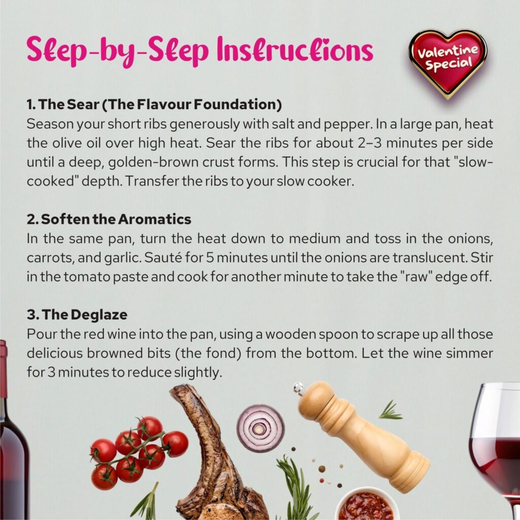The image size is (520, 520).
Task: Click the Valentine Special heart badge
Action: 447,63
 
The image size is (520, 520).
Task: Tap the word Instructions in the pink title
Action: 295,50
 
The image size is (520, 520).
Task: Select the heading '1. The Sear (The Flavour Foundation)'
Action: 154,105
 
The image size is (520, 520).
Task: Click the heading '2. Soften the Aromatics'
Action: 109,219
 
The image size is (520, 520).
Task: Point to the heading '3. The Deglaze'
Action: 77,315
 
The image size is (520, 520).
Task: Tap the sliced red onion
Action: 261,428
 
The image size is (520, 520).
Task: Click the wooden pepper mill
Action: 363,436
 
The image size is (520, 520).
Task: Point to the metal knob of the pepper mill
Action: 299,388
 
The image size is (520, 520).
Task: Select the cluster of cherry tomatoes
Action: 138,451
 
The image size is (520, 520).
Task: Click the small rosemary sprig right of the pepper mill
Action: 391,410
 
